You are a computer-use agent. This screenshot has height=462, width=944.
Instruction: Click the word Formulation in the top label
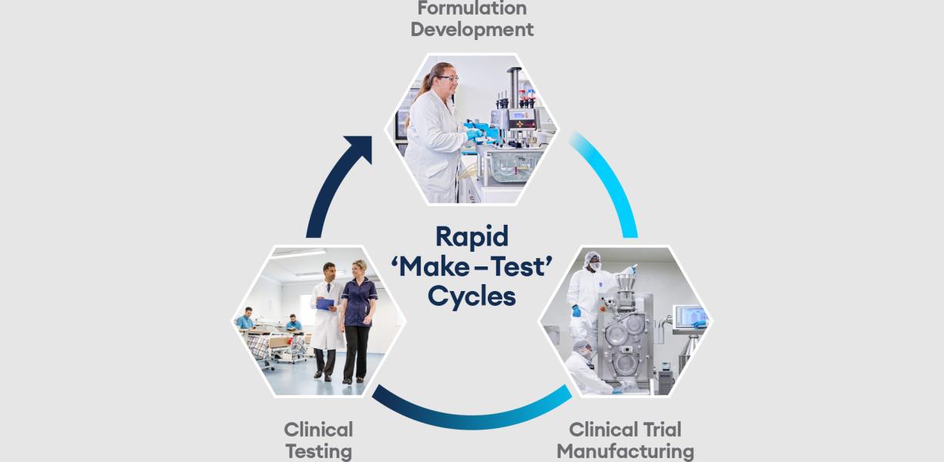pyautogui.click(x=472, y=8)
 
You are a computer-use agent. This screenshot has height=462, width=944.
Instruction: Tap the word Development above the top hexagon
pyautogui.click(x=472, y=29)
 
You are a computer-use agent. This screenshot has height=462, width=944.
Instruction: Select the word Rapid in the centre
pyautogui.click(x=472, y=238)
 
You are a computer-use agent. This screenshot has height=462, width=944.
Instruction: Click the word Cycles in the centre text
pyautogui.click(x=472, y=298)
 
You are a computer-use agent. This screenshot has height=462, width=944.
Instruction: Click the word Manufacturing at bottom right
pyautogui.click(x=626, y=451)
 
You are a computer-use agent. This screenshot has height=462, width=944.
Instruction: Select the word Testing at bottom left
pyautogui.click(x=318, y=452)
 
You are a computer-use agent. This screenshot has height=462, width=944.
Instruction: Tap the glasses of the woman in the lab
pyautogui.click(x=448, y=79)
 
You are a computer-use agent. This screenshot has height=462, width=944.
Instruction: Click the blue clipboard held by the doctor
pyautogui.click(x=324, y=304)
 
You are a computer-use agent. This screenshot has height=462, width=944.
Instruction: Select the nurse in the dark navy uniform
pyautogui.click(x=358, y=321)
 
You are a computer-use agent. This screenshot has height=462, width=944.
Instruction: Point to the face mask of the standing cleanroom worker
pyautogui.click(x=595, y=266)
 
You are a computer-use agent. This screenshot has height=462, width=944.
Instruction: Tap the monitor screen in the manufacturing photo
pyautogui.click(x=690, y=316)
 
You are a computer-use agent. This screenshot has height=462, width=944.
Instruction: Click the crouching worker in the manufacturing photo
pyautogui.click(x=586, y=367)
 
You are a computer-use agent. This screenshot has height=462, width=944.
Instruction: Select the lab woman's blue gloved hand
pyautogui.click(x=474, y=134)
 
